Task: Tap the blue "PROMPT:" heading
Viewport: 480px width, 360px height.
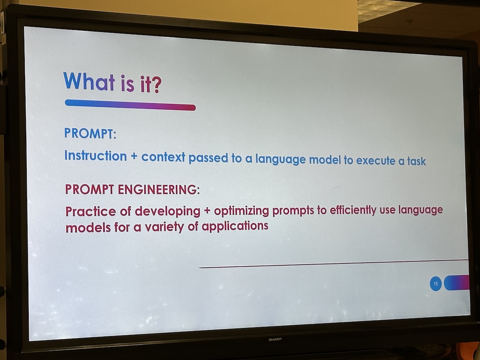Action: pos(90,133)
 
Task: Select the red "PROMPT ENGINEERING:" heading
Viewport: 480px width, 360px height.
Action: pos(132,189)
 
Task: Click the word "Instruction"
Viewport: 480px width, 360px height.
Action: pos(96,156)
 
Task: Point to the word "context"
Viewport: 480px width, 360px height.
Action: pos(163,157)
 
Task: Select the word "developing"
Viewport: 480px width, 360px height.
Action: pos(167,211)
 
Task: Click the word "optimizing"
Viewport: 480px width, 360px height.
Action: pos(241,211)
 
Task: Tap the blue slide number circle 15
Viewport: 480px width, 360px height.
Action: pos(435,284)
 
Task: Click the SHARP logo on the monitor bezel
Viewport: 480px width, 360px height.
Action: pos(275,340)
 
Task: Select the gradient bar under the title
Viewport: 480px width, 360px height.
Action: pos(130,105)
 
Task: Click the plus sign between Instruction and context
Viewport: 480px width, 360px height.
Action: pos(134,157)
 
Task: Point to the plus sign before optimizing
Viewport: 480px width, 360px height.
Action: pos(207,211)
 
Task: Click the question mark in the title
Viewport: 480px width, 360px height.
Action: pos(156,84)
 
